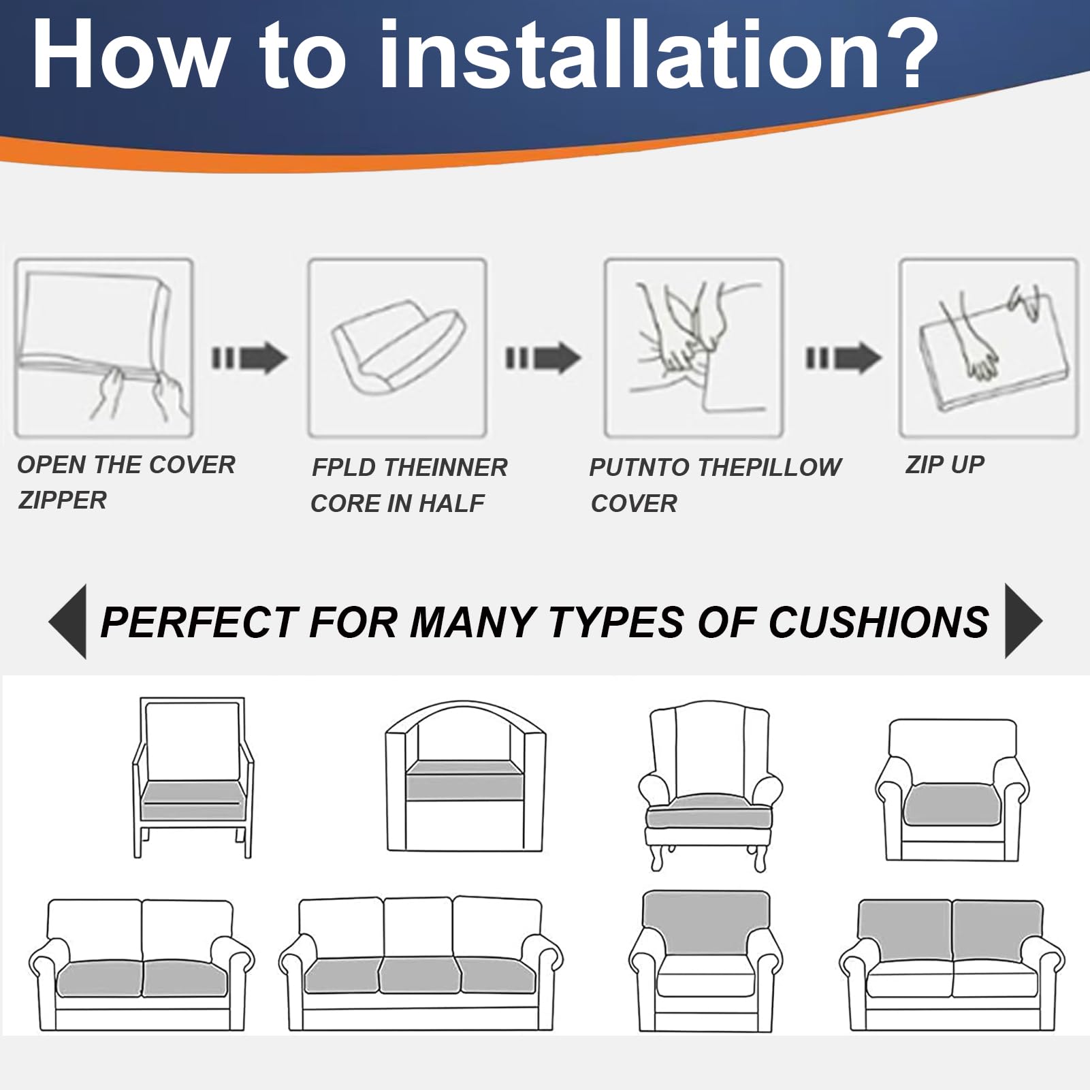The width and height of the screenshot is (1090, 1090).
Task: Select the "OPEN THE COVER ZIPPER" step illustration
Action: pos(104,347)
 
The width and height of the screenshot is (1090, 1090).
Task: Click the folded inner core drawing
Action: pos(398,347)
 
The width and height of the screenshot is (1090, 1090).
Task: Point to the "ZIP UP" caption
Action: pos(944,464)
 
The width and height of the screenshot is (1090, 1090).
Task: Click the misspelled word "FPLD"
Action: pos(344,468)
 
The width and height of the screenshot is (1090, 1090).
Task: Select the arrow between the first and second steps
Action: pos(250,357)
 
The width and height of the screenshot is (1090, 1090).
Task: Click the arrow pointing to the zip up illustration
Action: pos(844,357)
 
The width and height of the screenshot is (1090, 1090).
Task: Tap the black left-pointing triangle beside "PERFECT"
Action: pos(69,621)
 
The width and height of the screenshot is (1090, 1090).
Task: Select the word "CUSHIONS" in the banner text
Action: pos(879,622)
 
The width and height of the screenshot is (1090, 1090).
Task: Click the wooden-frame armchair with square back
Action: pos(193,777)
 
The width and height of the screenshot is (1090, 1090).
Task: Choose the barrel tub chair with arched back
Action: pos(466,776)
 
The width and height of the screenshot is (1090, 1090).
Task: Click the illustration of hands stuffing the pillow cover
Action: pos(694,347)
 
